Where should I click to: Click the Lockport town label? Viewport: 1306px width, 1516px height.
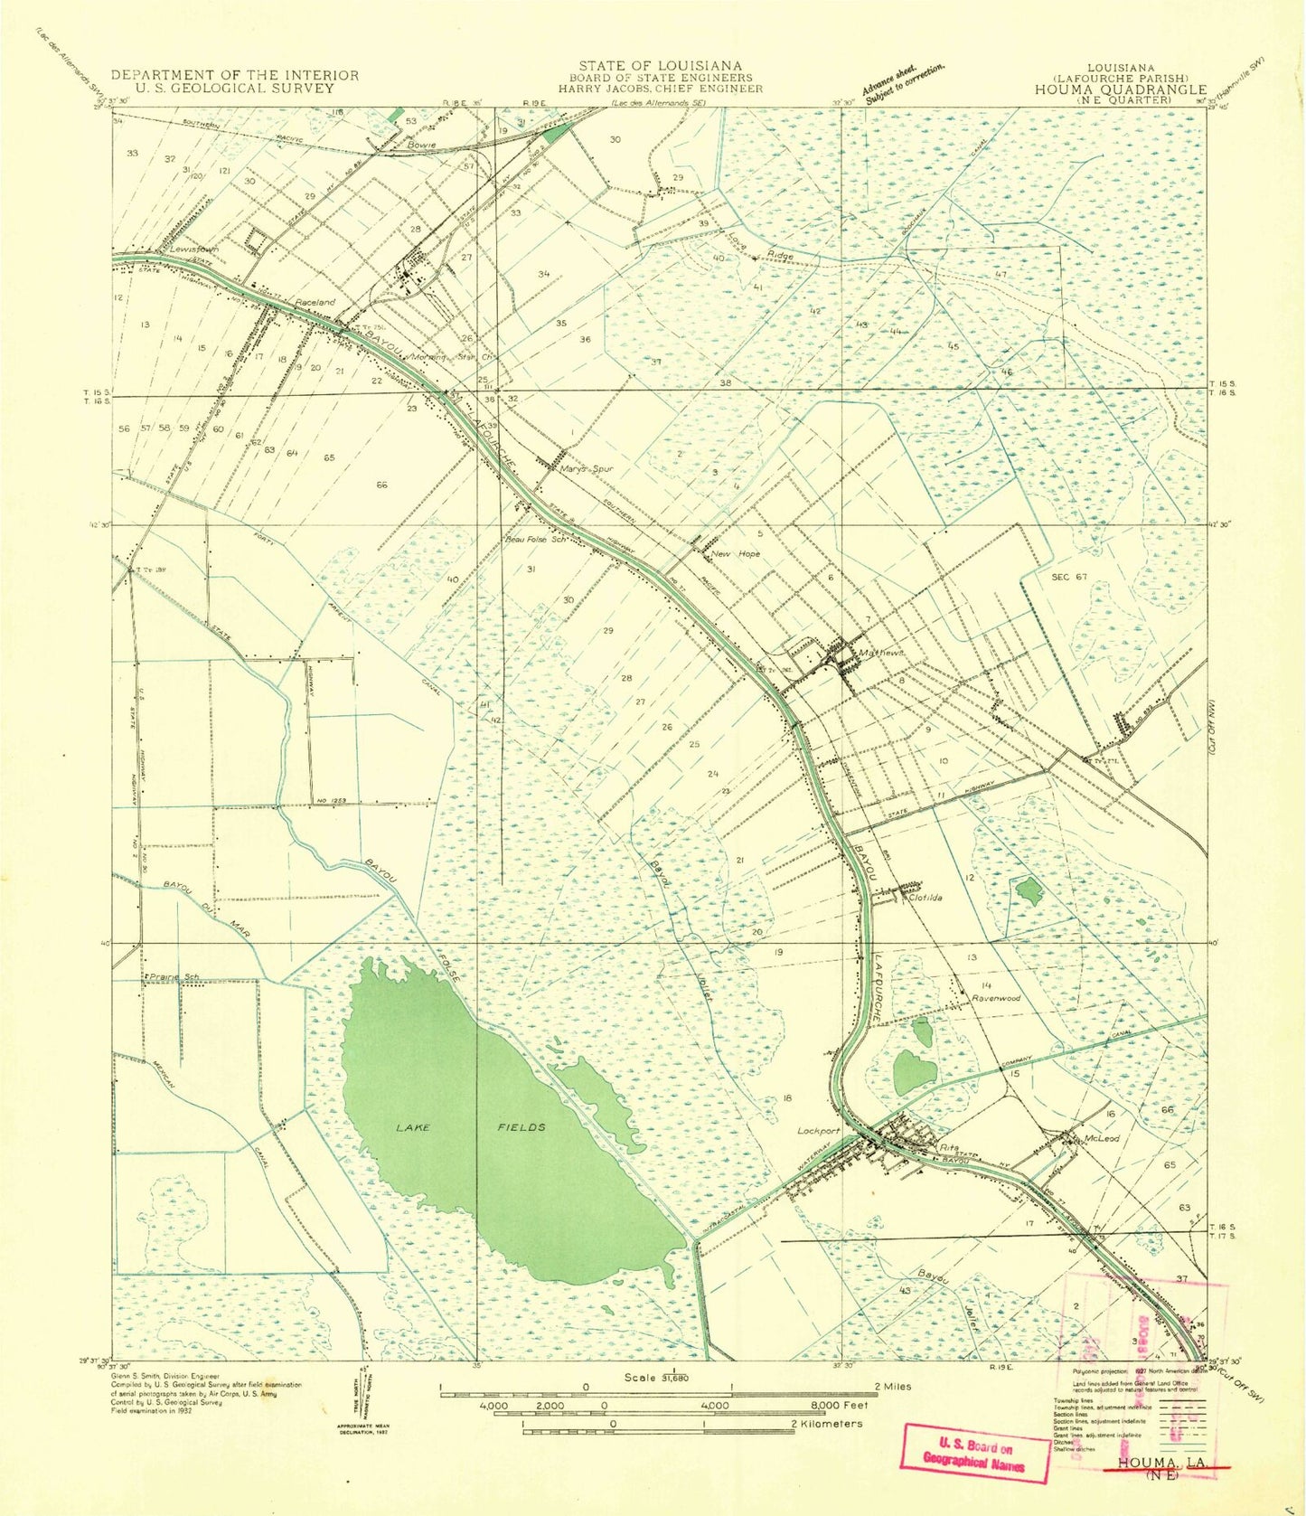tap(818, 1131)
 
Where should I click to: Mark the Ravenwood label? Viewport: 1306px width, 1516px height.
tap(995, 998)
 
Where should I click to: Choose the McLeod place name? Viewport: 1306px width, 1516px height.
tap(1102, 1139)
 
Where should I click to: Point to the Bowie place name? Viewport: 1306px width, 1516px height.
tap(421, 145)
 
